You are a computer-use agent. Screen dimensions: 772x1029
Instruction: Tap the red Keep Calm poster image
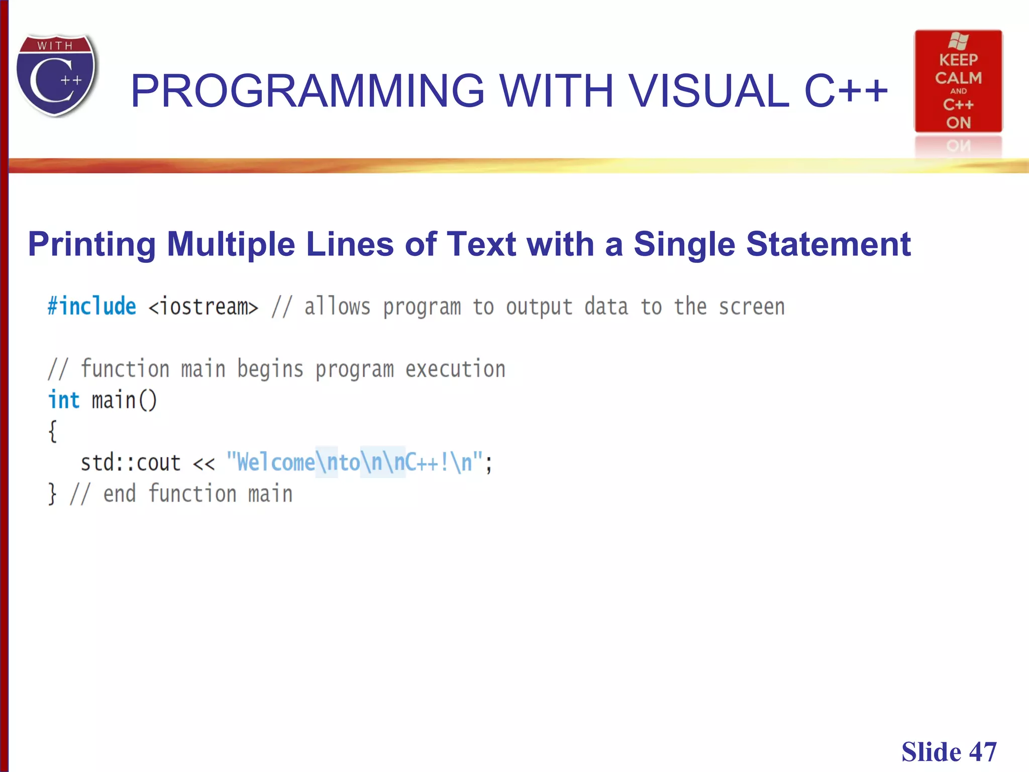pos(958,81)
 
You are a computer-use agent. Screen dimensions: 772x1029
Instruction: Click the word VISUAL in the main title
pos(708,91)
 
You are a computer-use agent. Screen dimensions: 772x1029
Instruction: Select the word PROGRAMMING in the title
pos(307,91)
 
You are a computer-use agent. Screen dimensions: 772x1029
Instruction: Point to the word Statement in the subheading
pos(828,244)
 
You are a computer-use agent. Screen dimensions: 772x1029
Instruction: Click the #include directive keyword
pos(92,307)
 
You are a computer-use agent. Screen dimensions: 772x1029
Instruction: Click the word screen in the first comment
pos(752,307)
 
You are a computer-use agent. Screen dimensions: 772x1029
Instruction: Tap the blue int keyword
pos(64,401)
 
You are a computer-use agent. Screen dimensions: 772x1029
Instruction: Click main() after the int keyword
pos(124,401)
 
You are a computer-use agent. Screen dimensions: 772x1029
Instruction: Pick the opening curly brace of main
pos(52,431)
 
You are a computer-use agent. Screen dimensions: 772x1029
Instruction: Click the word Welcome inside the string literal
pos(275,462)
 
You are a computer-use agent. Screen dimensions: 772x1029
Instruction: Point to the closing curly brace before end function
pos(52,494)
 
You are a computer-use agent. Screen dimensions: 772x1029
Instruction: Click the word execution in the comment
pos(455,369)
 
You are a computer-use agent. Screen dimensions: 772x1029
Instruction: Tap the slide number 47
pos(983,752)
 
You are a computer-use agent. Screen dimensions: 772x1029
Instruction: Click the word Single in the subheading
pos(684,244)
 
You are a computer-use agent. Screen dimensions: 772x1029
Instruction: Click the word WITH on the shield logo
pos(55,46)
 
